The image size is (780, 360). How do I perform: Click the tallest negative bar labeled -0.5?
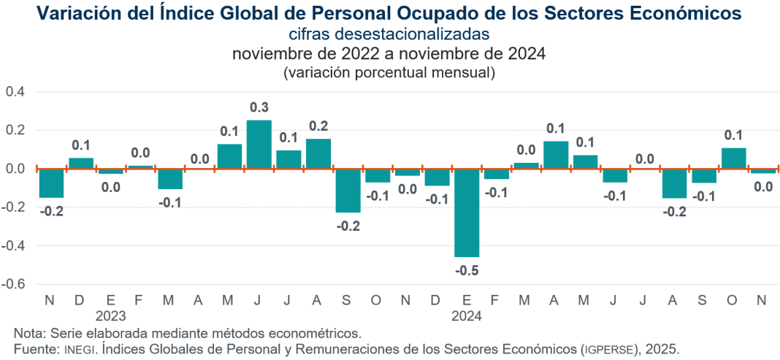click(x=467, y=212)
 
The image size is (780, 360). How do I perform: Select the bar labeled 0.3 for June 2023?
click(x=259, y=145)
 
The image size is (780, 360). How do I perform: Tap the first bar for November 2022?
click(x=51, y=183)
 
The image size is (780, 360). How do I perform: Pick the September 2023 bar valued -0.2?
click(x=348, y=191)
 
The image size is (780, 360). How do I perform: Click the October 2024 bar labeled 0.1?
click(x=734, y=158)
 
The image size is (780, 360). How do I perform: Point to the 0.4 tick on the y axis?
click(x=15, y=92)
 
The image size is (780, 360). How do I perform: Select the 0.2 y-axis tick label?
click(x=15, y=131)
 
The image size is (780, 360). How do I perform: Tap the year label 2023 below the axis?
click(x=110, y=316)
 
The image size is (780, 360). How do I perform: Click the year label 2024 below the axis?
click(x=467, y=316)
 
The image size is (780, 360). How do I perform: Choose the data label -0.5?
click(x=467, y=270)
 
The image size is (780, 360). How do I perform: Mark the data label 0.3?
click(x=259, y=108)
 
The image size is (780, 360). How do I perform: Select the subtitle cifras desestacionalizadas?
click(x=388, y=34)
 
